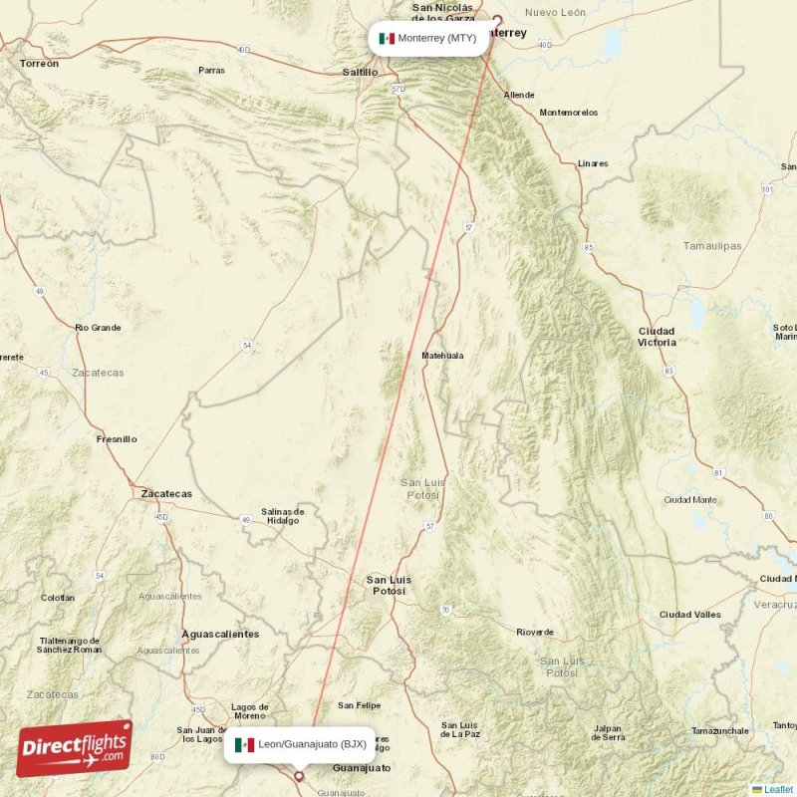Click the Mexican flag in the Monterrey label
(387, 39)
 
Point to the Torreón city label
(39, 63)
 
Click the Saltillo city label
(360, 72)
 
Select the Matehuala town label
(442, 355)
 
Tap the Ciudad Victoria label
(657, 337)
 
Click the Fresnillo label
(117, 438)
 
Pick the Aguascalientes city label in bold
(220, 634)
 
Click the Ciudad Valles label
(689, 615)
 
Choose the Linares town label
(593, 163)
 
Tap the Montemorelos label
(569, 113)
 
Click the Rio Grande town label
(98, 327)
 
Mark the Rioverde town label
(535, 633)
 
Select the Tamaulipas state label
(712, 245)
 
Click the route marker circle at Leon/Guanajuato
(298, 775)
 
